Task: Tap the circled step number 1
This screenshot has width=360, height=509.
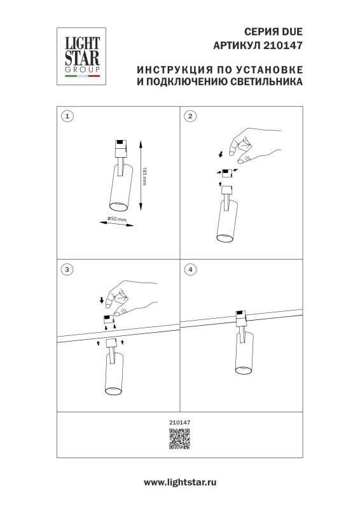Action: pyautogui.click(x=68, y=116)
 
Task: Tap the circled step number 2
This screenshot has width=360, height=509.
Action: pyautogui.click(x=190, y=116)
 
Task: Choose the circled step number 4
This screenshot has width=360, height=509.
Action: pyautogui.click(x=190, y=269)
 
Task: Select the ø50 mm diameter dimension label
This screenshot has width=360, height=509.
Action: pyautogui.click(x=117, y=220)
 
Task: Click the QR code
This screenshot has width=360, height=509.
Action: pyautogui.click(x=180, y=440)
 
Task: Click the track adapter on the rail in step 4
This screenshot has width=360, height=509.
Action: pyautogui.click(x=240, y=317)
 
